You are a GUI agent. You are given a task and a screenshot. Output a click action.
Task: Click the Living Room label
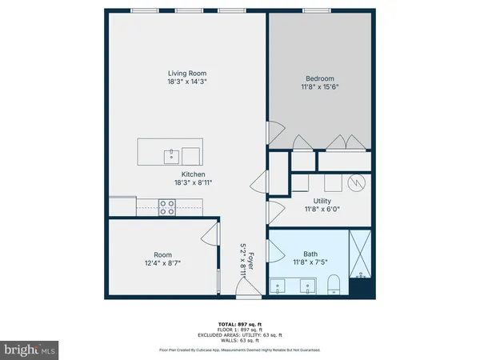(187, 74)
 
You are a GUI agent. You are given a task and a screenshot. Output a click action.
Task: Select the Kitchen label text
(193, 174)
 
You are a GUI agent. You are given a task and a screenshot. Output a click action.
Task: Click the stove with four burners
(167, 207)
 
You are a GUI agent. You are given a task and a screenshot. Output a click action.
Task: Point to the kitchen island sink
(170, 154)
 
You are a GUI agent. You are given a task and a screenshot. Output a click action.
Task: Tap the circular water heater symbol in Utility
(358, 182)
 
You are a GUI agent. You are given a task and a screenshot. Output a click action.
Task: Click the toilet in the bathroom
(335, 284)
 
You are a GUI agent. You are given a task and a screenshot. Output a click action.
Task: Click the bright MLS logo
(30, 350)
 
